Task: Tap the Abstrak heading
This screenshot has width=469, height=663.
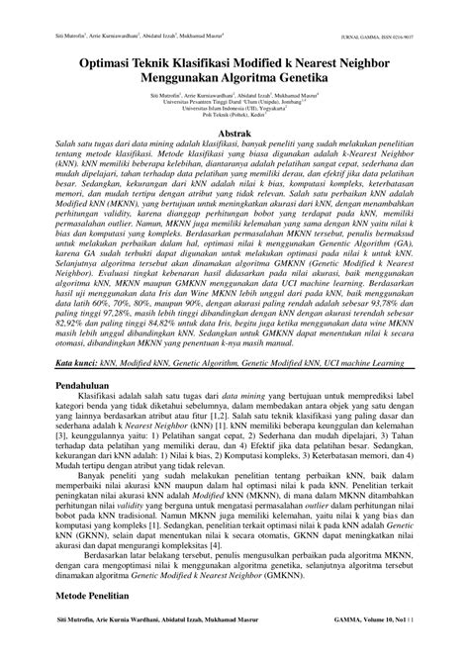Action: pos(234,132)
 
